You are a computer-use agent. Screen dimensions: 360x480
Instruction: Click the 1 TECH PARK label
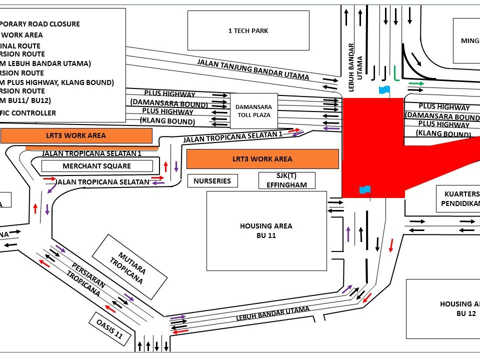point(248,31)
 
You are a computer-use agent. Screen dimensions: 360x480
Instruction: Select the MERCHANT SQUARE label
point(97,166)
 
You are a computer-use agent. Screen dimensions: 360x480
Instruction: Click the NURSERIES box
point(212,181)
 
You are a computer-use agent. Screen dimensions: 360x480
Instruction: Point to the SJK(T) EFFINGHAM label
point(287,180)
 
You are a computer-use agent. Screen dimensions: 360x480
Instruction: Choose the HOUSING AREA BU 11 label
point(266,230)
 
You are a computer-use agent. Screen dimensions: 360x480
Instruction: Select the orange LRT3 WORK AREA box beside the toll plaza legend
point(76,135)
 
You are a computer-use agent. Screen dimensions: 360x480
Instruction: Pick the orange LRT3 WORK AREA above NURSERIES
point(262,159)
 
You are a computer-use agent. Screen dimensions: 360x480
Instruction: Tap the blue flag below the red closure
point(365,190)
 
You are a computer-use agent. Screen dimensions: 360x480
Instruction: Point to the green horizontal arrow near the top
point(416,83)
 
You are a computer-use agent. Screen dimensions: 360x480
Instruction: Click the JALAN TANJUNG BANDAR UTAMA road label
point(253,69)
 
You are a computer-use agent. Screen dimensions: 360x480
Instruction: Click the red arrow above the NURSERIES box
point(165,166)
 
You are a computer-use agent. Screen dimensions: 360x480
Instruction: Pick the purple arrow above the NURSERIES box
point(176,166)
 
